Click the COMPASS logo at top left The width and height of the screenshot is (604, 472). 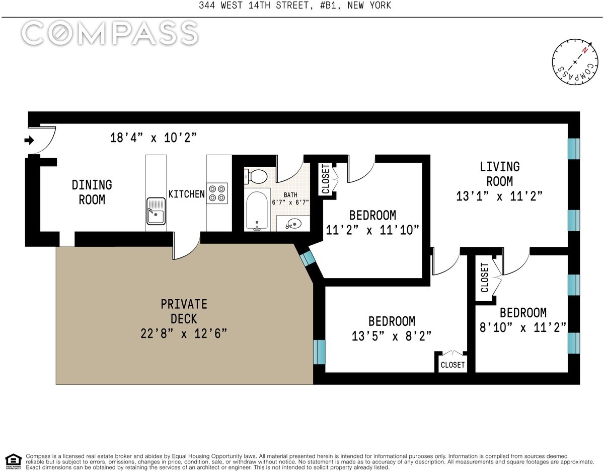click(109, 33)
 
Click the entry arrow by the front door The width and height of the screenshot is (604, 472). click(30, 140)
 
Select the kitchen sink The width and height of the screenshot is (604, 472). click(156, 212)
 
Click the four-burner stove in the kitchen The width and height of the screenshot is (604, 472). click(217, 193)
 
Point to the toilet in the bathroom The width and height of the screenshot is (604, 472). click(256, 176)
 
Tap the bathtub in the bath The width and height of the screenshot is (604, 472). click(257, 211)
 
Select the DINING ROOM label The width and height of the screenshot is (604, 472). click(92, 192)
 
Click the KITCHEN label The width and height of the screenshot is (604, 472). click(186, 194)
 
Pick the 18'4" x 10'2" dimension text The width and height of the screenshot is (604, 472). click(153, 138)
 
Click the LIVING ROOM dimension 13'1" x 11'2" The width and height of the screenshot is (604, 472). click(499, 196)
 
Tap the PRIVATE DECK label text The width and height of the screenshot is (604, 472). click(184, 311)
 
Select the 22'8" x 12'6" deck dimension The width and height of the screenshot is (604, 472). click(184, 333)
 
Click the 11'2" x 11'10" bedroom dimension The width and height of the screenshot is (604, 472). click(372, 230)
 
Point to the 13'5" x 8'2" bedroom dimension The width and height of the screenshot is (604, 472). click(392, 336)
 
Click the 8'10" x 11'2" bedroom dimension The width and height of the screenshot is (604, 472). click(523, 327)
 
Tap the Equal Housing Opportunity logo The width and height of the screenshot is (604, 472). click(13, 460)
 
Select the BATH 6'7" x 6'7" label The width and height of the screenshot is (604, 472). click(290, 198)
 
